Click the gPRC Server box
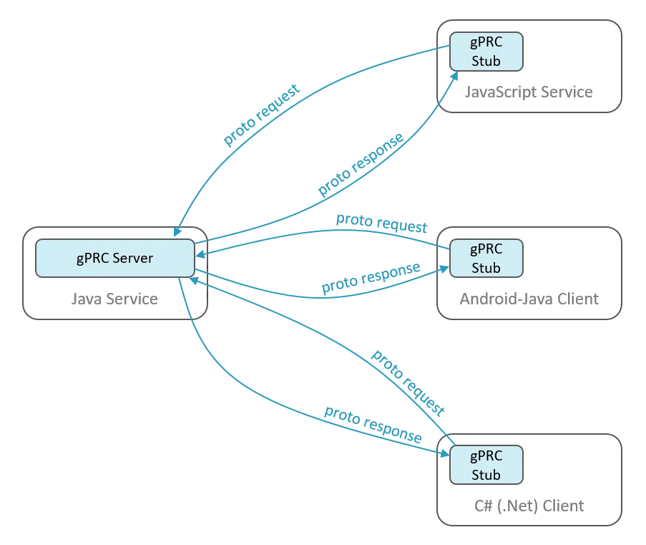114,259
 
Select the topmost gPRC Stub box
486,51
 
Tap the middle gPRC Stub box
486,258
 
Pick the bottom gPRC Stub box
486,465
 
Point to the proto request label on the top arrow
260,116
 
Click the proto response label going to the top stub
361,165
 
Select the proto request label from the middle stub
382,223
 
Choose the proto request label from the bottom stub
408,381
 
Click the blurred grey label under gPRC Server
114,302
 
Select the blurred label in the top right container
529,92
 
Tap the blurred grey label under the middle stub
529,299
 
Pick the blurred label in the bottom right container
529,508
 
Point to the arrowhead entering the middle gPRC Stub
445,269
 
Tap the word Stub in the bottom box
486,475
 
